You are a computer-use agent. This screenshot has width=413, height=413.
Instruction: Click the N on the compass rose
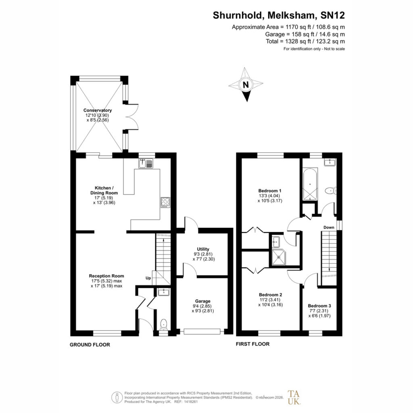[246, 85]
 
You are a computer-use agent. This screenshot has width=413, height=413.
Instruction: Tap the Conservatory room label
[98, 111]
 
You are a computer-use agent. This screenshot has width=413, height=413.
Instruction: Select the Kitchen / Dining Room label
[104, 190]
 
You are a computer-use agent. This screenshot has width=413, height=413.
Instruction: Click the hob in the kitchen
[165, 202]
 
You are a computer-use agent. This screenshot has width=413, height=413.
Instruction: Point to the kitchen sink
[146, 164]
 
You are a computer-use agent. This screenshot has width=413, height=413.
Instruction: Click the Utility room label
[203, 249]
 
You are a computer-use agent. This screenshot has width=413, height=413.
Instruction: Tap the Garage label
[203, 301]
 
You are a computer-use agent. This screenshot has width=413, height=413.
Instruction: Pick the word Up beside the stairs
[148, 278]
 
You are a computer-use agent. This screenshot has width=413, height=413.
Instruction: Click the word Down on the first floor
[329, 227]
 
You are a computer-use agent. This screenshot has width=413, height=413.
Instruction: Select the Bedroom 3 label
[319, 306]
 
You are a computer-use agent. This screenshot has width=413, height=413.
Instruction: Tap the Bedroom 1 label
[270, 191]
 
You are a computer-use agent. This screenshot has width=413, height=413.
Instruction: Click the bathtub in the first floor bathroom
[310, 184]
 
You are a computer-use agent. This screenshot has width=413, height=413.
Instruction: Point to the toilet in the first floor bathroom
[331, 191]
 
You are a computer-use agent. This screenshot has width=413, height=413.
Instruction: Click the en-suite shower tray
[278, 257]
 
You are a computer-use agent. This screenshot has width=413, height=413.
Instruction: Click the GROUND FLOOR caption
[90, 345]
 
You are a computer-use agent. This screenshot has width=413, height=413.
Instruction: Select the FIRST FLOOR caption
[252, 344]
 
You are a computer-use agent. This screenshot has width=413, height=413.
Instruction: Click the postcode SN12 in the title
[332, 15]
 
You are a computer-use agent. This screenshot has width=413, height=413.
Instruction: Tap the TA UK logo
[294, 397]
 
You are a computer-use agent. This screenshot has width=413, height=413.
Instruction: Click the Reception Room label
[106, 276]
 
